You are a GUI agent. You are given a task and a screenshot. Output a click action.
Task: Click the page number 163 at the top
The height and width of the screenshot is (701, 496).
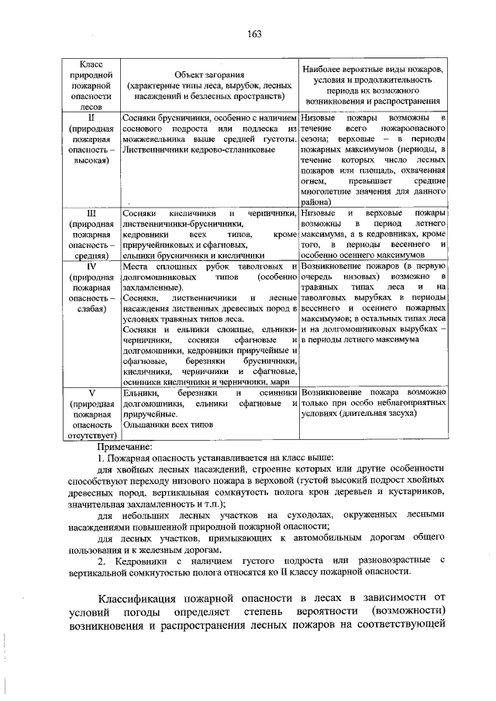(x=253, y=32)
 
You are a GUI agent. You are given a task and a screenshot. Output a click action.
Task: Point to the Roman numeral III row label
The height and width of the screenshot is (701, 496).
(x=90, y=212)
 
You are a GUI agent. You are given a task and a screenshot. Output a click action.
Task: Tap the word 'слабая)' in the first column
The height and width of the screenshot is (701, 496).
(x=90, y=309)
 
